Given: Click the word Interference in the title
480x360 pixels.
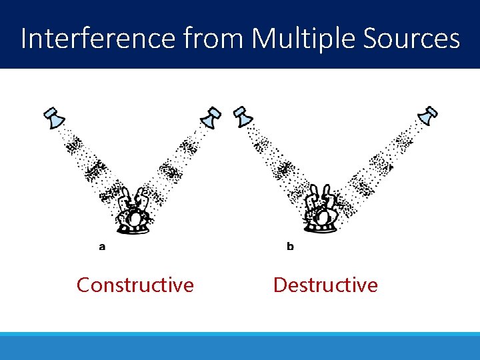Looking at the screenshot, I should [x=99, y=39].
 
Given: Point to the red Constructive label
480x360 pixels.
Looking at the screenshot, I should [x=135, y=285].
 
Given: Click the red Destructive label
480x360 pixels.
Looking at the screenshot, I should [x=325, y=285].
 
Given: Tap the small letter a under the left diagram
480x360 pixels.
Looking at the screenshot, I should [x=102, y=247].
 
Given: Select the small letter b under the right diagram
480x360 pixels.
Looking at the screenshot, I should [x=290, y=247].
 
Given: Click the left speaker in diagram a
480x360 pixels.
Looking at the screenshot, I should [x=55, y=118].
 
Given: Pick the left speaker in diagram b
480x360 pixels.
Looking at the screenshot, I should [x=243, y=116].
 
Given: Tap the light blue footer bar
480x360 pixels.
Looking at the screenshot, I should [x=240, y=346].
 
